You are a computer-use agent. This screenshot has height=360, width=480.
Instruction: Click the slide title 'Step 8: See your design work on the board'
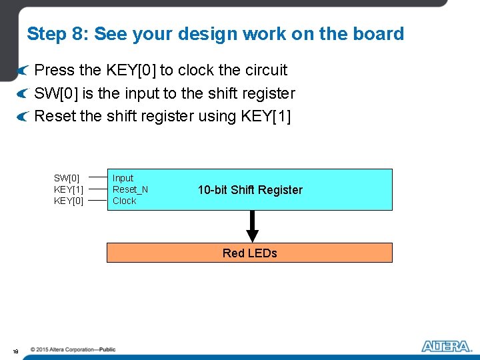[215, 34]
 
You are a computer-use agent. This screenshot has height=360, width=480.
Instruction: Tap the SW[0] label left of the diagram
[67, 178]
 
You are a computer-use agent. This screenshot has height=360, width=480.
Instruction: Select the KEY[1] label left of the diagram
[69, 189]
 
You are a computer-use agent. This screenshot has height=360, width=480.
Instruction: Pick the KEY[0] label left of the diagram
[69, 201]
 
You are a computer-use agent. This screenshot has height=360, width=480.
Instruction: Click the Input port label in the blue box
[123, 178]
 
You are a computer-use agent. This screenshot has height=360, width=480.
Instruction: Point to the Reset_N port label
[130, 189]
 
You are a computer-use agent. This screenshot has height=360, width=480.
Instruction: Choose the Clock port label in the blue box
[124, 201]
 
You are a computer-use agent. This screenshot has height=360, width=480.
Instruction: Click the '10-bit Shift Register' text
[250, 190]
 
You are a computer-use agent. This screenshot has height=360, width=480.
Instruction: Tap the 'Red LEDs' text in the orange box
[249, 253]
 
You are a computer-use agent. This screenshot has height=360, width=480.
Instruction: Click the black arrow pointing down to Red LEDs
[252, 227]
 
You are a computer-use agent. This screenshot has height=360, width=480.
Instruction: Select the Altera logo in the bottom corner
[446, 346]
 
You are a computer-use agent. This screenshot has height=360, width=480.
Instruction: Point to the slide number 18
[15, 351]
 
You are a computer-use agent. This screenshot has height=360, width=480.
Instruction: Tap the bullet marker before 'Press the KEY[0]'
[23, 71]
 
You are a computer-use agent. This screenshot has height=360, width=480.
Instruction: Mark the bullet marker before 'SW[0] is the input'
[23, 94]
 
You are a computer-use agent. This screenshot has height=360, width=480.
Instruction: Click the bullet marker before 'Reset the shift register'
[23, 117]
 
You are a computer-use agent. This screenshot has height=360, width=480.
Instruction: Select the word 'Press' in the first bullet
[54, 70]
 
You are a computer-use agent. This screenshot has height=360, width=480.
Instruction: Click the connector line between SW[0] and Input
[98, 178]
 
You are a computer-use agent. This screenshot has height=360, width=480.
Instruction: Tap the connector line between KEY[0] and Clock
[98, 200]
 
